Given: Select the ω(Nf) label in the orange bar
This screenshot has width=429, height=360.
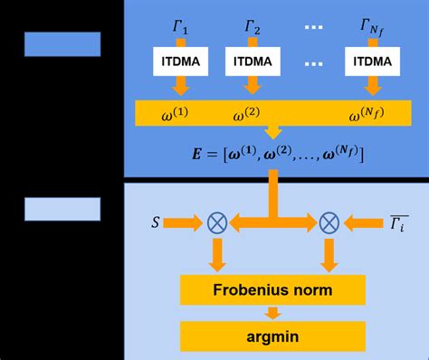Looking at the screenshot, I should tap(369, 115).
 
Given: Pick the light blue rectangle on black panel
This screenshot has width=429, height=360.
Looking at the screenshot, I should tap(62, 209).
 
